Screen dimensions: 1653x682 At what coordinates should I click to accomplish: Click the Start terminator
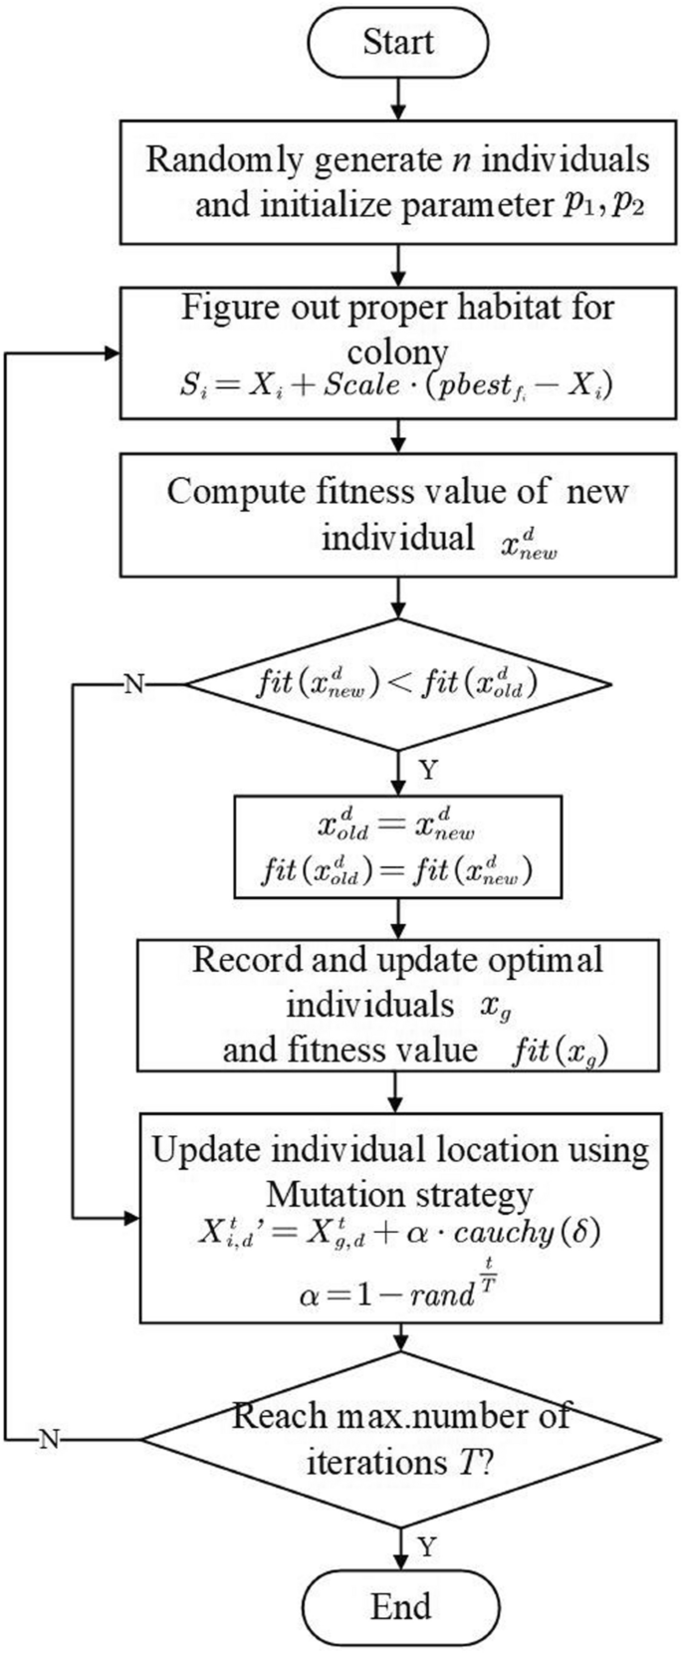click(x=398, y=43)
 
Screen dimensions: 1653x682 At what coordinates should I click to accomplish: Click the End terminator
click(x=400, y=1605)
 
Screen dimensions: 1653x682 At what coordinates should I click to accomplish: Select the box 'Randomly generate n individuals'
click(x=398, y=182)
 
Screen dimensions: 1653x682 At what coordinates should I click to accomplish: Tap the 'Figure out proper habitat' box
click(x=398, y=354)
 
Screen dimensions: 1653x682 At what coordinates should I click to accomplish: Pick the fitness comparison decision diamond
click(x=398, y=685)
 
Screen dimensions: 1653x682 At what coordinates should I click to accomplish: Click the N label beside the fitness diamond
click(x=131, y=685)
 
